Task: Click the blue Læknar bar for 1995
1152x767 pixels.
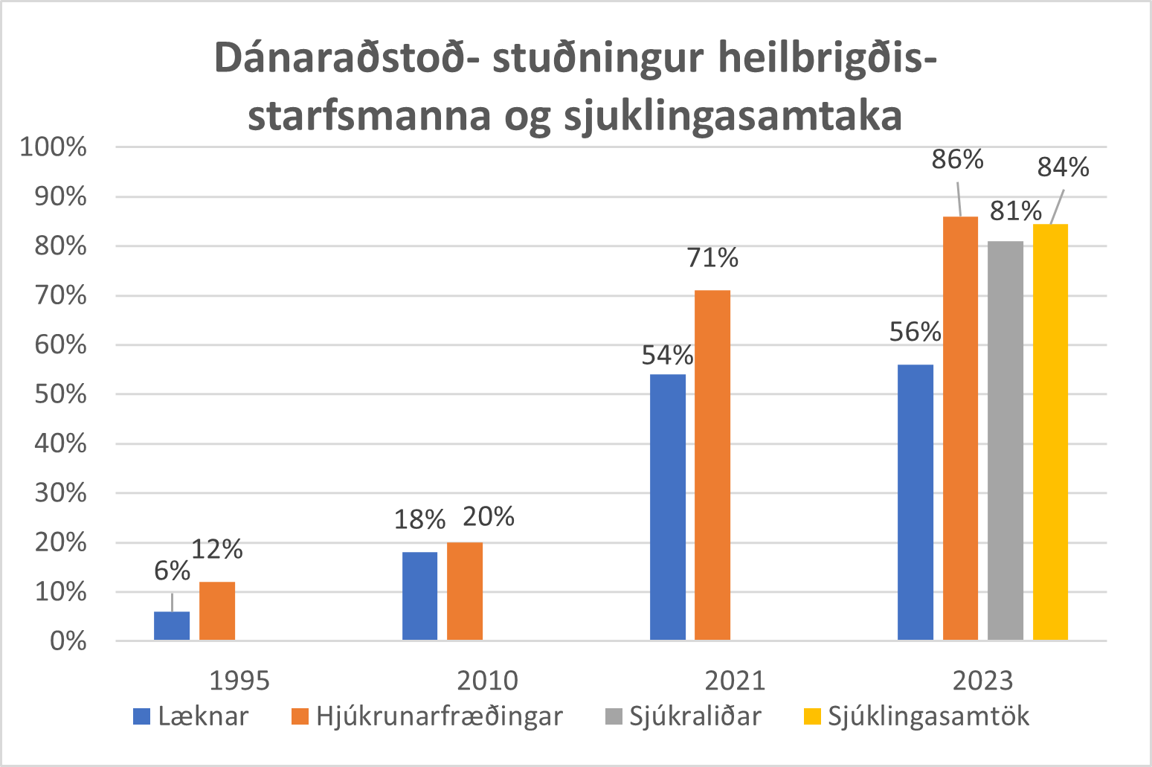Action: tap(172, 626)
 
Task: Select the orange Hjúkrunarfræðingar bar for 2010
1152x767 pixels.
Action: tap(465, 591)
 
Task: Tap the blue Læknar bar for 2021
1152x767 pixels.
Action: tap(668, 507)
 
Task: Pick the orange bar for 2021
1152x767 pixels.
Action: tap(712, 465)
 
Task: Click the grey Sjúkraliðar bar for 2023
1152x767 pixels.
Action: tap(1005, 440)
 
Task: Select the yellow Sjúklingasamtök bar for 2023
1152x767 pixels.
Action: tap(1050, 432)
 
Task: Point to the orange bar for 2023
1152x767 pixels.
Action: tap(960, 428)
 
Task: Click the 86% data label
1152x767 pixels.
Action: tap(958, 160)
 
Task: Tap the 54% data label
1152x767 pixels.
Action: tap(667, 356)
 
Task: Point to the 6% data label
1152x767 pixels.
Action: tap(172, 571)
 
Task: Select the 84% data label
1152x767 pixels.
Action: tap(1063, 168)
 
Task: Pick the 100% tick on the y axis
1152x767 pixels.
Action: tap(54, 147)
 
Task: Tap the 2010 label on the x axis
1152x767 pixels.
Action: tap(487, 680)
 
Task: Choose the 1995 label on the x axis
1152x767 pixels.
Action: tap(239, 680)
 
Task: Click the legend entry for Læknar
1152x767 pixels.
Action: tap(191, 716)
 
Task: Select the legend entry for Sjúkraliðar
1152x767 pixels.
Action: tap(683, 716)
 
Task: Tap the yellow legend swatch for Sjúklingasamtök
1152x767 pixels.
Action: tap(813, 716)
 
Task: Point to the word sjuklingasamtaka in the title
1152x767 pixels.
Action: tap(733, 116)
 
